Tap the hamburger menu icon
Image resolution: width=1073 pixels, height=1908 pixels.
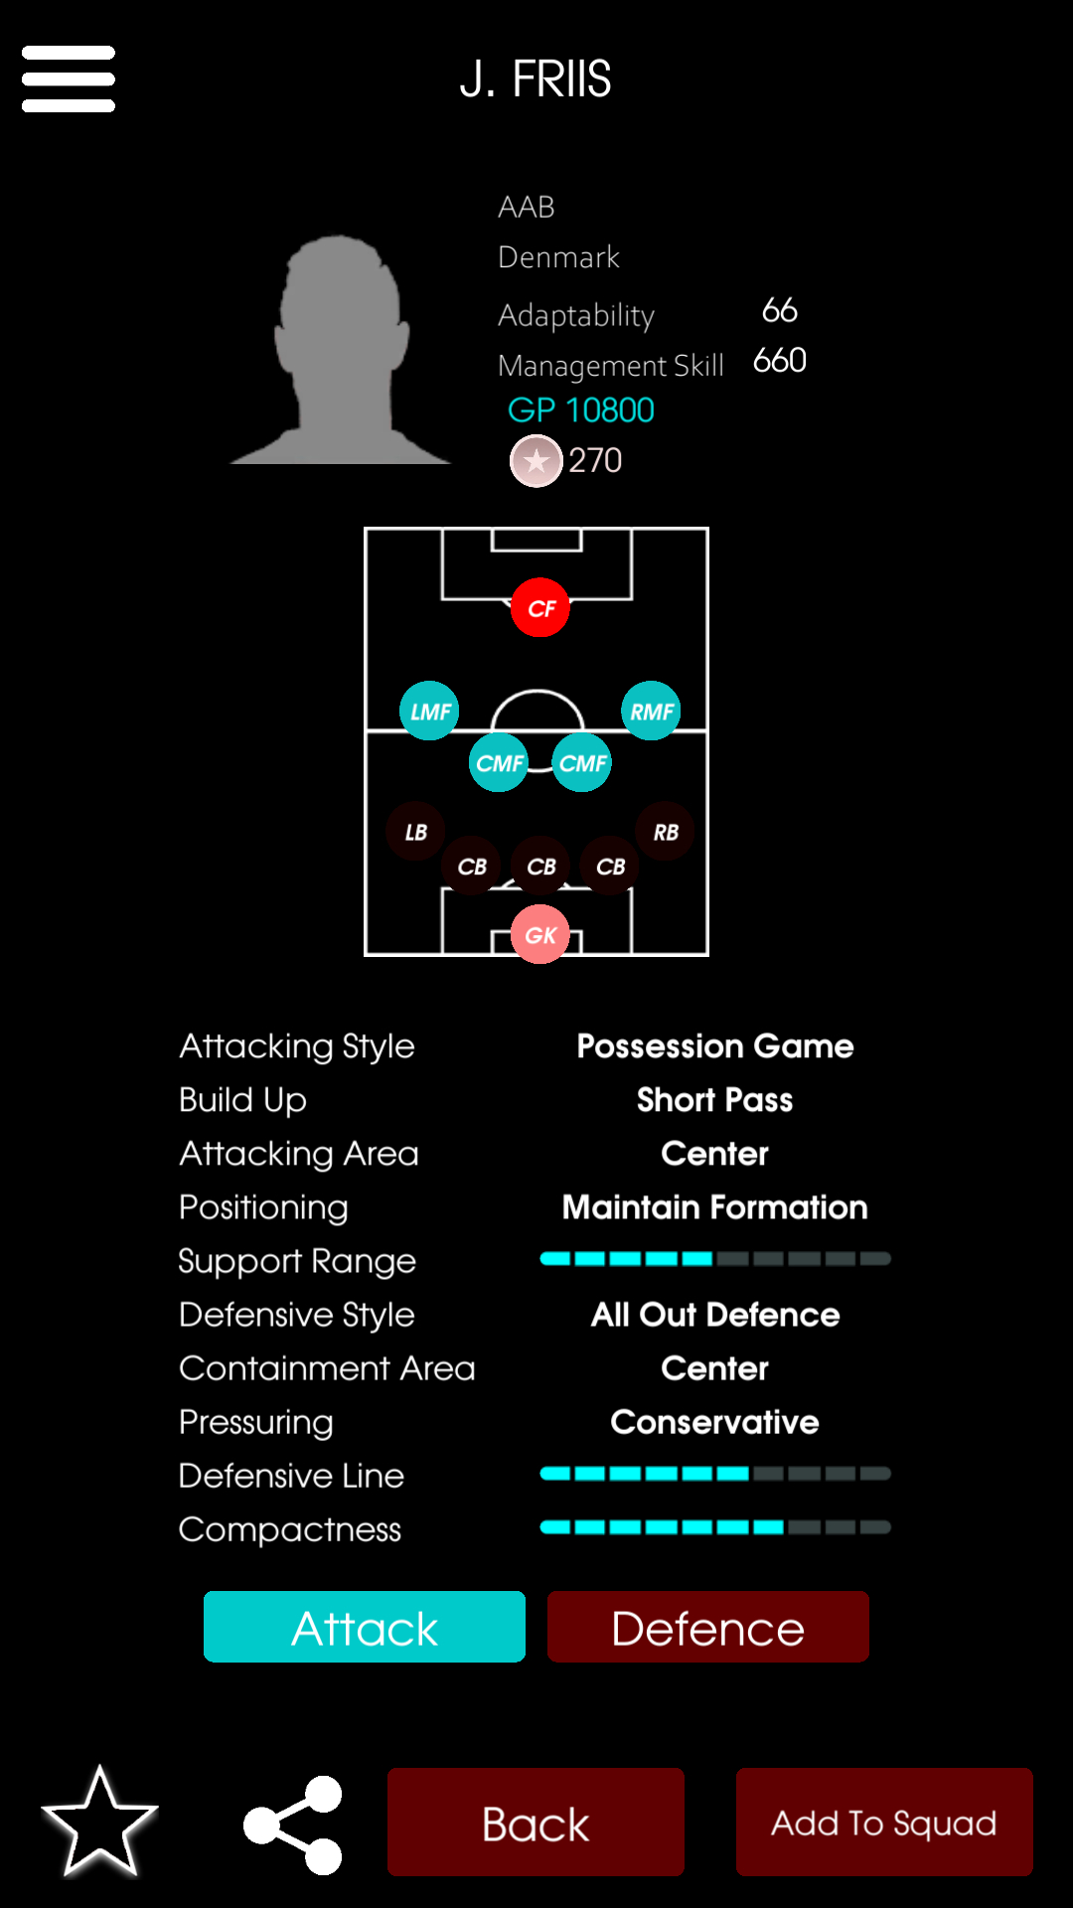click(x=69, y=79)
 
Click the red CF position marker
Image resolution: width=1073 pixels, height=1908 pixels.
click(x=540, y=607)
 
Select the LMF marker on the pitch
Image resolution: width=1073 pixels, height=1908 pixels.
click(x=429, y=711)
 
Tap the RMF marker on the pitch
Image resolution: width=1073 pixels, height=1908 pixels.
click(x=651, y=711)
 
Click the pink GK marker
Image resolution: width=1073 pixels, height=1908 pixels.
click(x=540, y=934)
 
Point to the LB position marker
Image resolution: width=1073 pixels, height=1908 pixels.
click(x=415, y=832)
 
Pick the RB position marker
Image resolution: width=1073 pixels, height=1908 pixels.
click(x=666, y=832)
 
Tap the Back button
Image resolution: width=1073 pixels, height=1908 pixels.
click(x=536, y=1822)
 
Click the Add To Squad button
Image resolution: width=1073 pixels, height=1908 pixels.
click(x=884, y=1822)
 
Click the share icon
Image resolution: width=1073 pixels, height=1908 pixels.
click(x=293, y=1825)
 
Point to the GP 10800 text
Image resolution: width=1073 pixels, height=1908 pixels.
click(x=581, y=409)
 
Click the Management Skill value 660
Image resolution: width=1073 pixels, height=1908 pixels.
click(x=780, y=360)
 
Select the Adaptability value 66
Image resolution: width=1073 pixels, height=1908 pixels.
click(x=780, y=310)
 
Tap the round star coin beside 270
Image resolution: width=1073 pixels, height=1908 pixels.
click(x=536, y=461)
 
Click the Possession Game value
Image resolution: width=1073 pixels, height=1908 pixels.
click(x=715, y=1045)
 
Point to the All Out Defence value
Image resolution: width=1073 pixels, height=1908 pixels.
click(x=715, y=1314)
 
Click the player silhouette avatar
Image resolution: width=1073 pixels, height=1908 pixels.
click(x=341, y=350)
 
